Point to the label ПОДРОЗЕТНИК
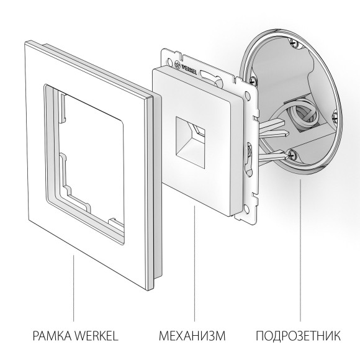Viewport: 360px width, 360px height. coord(298,336)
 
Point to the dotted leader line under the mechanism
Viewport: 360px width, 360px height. coord(194,267)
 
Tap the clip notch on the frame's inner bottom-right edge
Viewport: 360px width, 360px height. coord(112,220)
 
